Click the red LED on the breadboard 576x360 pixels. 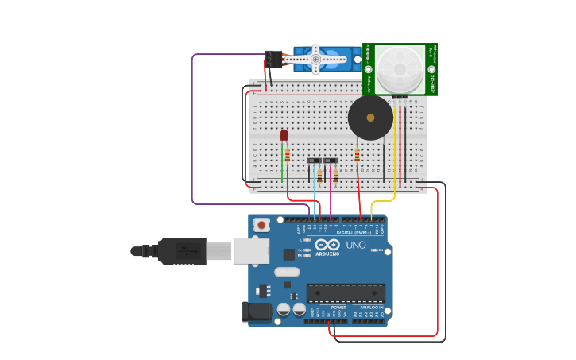pos(284,135)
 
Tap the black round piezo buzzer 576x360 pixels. pos(370,118)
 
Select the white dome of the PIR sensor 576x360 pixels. pos(400,68)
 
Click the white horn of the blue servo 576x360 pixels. pos(315,59)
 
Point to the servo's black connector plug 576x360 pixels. pos(273,59)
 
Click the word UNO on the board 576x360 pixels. pos(356,245)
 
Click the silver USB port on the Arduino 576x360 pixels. pos(251,250)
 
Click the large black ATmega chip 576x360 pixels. pos(346,292)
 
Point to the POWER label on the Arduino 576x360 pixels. pos(338,308)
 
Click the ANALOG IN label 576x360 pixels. pos(371,308)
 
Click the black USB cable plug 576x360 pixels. pos(182,251)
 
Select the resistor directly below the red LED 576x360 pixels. pos(288,156)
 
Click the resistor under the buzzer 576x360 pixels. pos(357,155)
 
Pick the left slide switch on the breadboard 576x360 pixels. pos(314,161)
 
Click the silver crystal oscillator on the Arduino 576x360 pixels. pos(287,272)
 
